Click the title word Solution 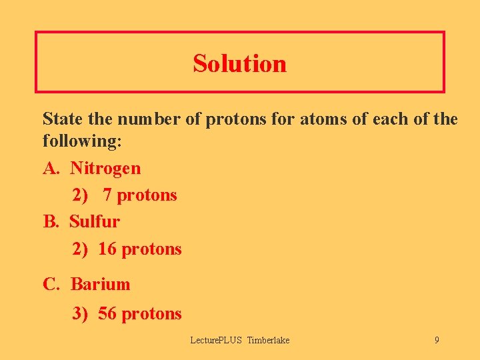tap(240, 63)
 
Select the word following tap(76, 141)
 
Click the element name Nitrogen tap(105, 168)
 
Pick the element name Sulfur tap(95, 221)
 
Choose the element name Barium tap(100, 284)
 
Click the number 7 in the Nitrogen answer tap(108, 195)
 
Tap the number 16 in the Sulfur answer tap(107, 249)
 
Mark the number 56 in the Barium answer tap(107, 313)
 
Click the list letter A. tap(50, 168)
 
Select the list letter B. tap(50, 221)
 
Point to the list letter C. tap(50, 284)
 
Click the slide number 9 tap(437, 340)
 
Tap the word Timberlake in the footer tap(268, 340)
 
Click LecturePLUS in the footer tap(217, 340)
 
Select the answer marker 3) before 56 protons tap(80, 313)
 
